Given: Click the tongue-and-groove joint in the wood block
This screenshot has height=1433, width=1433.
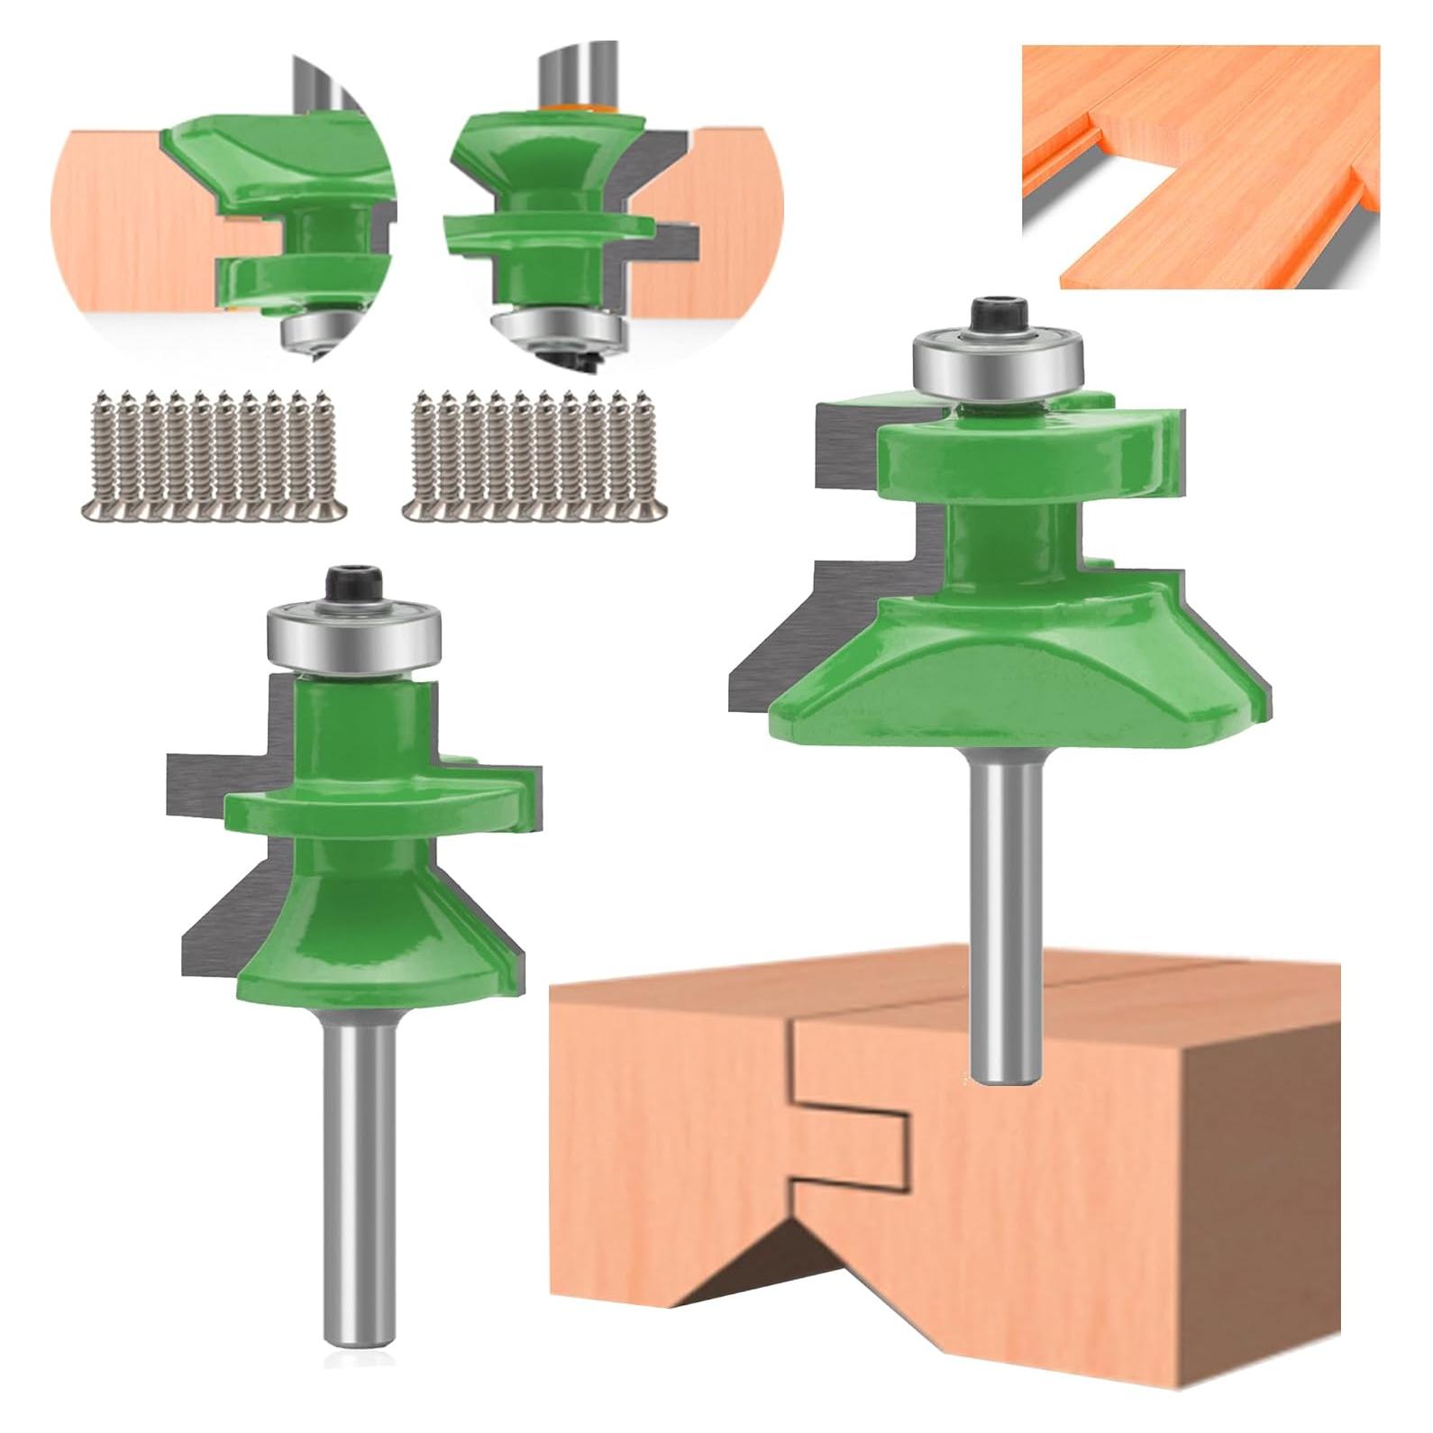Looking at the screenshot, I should [x=847, y=1109].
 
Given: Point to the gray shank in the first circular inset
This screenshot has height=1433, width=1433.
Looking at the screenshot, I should [x=315, y=86].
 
